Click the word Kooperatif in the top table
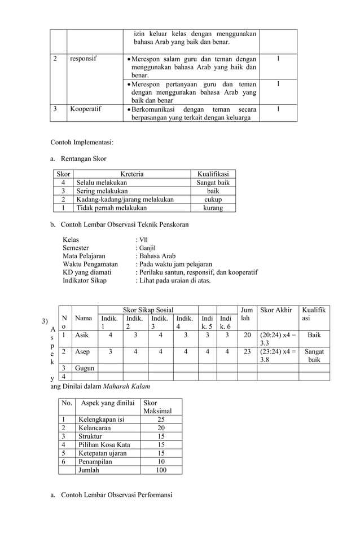point(86,109)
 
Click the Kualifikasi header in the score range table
point(213,174)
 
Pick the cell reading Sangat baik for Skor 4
point(213,182)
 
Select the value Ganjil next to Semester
point(147,248)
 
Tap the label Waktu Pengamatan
point(90,263)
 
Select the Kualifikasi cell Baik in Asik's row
point(314,334)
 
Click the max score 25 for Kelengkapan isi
point(161,419)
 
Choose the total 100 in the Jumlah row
point(161,469)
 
